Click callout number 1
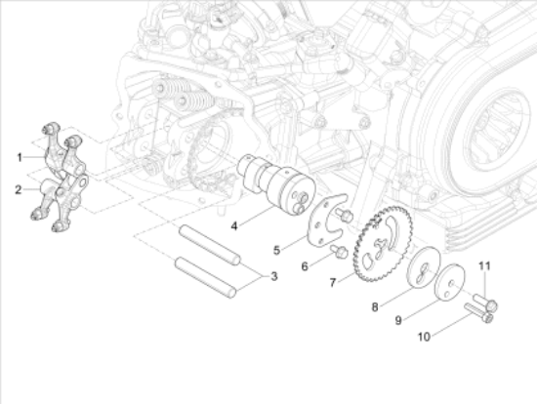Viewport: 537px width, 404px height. pyautogui.click(x=19, y=156)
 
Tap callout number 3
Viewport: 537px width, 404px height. pyautogui.click(x=274, y=277)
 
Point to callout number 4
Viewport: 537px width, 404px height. pyautogui.click(x=234, y=226)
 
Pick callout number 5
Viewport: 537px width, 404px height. pyautogui.click(x=277, y=249)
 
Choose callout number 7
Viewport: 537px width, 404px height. pyautogui.click(x=332, y=282)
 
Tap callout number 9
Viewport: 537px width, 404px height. pyautogui.click(x=398, y=319)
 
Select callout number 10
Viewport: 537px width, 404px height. pyautogui.click(x=424, y=338)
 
